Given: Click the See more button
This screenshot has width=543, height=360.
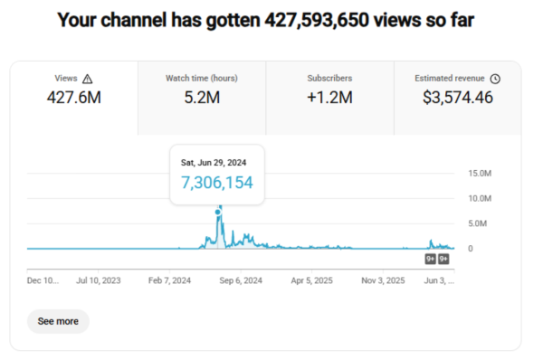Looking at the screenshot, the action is pos(58,321).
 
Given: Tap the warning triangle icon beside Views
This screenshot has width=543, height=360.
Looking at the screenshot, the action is pos(87,79).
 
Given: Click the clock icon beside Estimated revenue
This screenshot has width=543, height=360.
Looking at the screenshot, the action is pos(495,79).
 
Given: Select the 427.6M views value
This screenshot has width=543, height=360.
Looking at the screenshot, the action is pos(74,98).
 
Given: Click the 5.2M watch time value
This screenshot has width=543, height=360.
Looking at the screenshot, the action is pos(202,98).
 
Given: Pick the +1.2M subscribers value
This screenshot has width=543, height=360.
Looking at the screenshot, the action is pos(329,98).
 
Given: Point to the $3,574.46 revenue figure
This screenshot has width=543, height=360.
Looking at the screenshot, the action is pos(457,98).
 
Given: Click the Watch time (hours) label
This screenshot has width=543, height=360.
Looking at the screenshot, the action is pos(202,79).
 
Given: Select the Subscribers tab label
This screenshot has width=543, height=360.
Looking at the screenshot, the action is pos(329,78).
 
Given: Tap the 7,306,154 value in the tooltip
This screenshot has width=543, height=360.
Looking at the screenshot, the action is pos(217,183).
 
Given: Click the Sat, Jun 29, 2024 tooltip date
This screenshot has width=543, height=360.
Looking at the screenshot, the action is pos(214,163).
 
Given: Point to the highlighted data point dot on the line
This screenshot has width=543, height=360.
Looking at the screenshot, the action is pos(217,212).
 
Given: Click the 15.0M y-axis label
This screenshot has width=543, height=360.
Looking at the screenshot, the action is pos(480,174).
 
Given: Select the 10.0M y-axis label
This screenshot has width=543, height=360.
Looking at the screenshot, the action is pos(480,198).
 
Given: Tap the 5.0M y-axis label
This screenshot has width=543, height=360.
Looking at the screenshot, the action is pos(477,223).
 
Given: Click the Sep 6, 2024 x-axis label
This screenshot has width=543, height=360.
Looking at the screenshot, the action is pos(241,280).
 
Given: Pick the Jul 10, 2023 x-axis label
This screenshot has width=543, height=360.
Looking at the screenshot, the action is pos(99,280).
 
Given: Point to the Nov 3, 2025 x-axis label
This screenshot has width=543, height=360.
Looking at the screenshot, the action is pos(383,280).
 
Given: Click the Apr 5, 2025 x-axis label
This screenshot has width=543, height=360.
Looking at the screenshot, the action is pos(311,280).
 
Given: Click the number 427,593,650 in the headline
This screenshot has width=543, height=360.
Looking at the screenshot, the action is pos(317,20).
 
